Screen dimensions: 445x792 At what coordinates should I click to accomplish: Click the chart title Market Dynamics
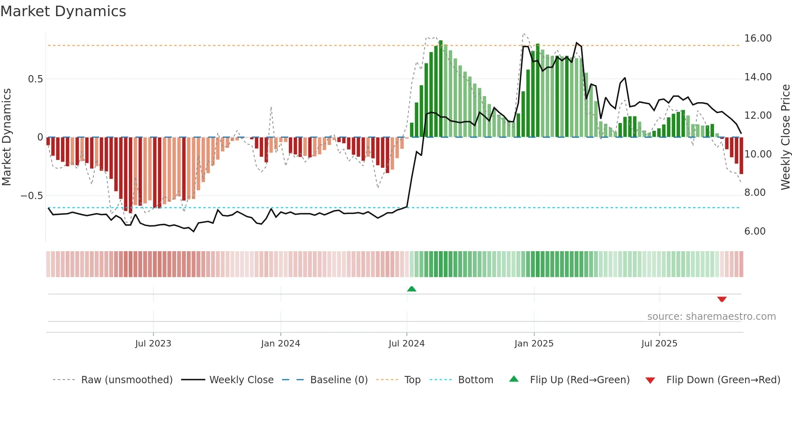point(63,11)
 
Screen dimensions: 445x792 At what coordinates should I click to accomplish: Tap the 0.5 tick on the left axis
point(35,79)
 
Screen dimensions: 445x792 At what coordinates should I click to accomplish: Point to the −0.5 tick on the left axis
point(32,196)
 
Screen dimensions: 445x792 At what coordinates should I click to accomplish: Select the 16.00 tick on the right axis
point(758,38)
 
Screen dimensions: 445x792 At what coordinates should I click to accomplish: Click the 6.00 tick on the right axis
point(755,231)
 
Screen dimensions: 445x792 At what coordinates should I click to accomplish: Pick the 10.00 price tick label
point(758,154)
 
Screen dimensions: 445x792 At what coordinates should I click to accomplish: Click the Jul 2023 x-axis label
point(153,344)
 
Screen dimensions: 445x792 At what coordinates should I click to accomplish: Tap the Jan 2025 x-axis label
point(534,344)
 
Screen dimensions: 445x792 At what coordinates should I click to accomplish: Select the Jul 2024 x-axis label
point(407,344)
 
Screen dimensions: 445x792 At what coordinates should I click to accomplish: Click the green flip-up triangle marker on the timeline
point(411,289)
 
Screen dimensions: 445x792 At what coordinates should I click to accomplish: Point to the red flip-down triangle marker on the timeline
point(722,299)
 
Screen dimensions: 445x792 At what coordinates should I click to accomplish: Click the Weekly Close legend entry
point(241,380)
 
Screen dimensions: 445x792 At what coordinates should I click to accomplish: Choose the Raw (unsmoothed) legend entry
point(126,380)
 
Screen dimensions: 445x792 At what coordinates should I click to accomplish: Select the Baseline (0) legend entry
point(339,380)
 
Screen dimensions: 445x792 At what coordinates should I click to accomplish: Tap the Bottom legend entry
point(475,380)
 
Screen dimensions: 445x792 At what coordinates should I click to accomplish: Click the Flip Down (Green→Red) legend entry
point(723,380)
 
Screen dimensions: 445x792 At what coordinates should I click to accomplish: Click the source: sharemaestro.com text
point(711,317)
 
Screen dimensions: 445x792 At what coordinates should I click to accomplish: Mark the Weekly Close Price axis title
point(785,137)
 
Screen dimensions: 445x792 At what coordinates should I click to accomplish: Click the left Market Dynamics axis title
point(6,137)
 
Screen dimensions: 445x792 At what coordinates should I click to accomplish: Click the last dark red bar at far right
point(741,155)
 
